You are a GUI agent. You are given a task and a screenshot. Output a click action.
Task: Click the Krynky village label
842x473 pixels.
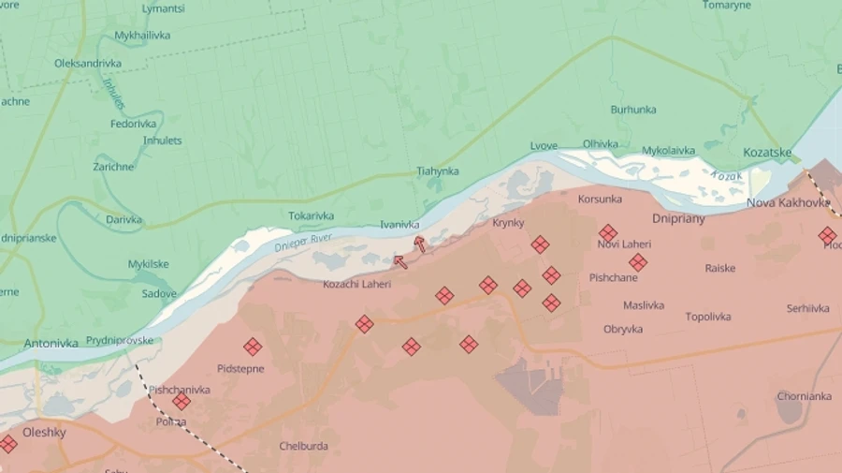click(x=508, y=223)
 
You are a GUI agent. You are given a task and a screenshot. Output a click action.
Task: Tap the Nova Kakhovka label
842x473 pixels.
click(x=787, y=202)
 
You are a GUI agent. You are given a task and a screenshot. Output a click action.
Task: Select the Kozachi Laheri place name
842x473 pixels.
click(x=356, y=284)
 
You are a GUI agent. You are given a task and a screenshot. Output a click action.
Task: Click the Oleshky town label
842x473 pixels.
click(x=44, y=432)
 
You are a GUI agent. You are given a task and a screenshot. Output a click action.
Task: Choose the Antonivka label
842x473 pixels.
click(x=51, y=343)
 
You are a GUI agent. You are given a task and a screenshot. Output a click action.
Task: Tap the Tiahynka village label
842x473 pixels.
click(x=438, y=171)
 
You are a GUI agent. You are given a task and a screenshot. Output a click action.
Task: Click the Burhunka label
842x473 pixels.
click(x=633, y=110)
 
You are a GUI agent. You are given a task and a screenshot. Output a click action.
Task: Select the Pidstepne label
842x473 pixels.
click(x=240, y=369)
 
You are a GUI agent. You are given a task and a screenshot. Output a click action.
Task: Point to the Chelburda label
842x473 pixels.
click(x=303, y=446)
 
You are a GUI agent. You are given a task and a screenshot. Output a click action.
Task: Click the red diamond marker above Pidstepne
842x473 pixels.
click(x=253, y=347)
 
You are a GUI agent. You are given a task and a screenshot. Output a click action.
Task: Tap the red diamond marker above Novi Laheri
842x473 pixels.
click(x=608, y=232)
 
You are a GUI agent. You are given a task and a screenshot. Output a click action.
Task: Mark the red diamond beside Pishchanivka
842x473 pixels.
click(x=181, y=401)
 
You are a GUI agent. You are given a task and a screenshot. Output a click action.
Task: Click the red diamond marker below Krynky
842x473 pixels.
click(x=540, y=244)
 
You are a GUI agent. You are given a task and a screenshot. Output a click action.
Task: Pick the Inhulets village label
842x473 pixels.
click(x=162, y=140)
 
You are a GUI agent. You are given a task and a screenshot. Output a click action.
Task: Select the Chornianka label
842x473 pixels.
click(x=804, y=396)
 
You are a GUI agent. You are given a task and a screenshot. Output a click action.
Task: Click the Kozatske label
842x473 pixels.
click(x=767, y=153)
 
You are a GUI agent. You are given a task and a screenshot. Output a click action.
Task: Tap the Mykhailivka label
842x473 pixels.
click(x=142, y=36)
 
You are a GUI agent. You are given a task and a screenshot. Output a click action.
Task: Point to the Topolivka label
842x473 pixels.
click(x=707, y=317)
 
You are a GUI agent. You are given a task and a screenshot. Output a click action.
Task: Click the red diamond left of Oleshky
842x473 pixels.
click(x=7, y=444)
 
